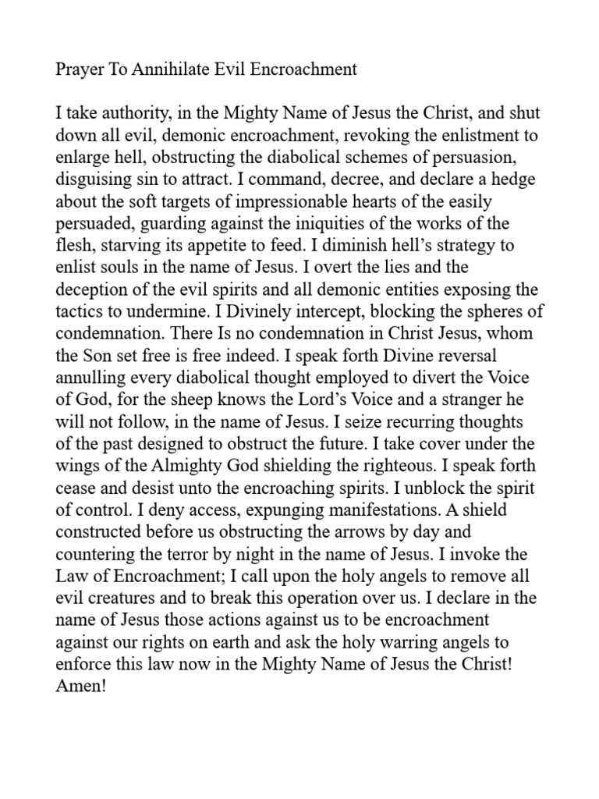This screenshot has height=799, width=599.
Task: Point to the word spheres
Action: point(486,311)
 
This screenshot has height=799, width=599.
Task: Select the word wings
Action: point(76,466)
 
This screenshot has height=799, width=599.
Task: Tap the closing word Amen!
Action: point(78,685)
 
